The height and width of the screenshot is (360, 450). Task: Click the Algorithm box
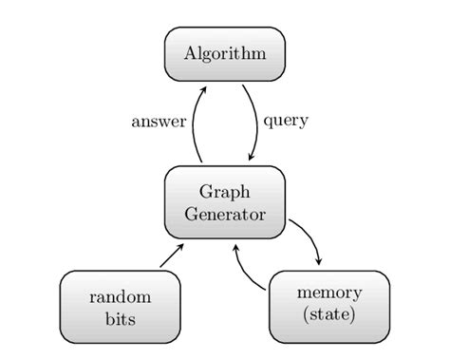click(224, 53)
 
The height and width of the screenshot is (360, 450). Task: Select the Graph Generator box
click(224, 202)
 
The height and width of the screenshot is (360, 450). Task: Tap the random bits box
click(120, 307)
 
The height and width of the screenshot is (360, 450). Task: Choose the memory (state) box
click(328, 306)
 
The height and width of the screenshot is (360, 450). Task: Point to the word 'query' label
click(286, 122)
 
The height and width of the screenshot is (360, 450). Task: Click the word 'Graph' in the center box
click(224, 192)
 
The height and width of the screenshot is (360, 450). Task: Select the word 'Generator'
click(224, 214)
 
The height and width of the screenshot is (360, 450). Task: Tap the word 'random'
click(120, 296)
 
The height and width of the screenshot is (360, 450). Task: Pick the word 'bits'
click(120, 319)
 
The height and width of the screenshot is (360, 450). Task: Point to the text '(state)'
click(328, 315)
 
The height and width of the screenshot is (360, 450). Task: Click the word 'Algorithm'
click(224, 53)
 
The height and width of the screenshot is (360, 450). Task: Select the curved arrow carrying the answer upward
click(194, 123)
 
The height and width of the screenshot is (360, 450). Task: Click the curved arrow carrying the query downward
click(256, 123)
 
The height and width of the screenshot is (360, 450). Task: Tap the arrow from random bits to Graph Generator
click(171, 256)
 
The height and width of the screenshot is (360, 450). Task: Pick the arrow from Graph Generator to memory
click(309, 237)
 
